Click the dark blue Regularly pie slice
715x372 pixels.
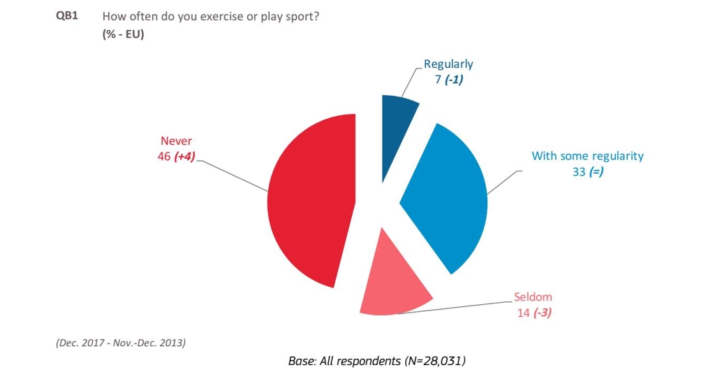click(x=397, y=115)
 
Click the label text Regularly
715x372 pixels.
click(x=448, y=64)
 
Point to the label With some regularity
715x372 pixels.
click(x=587, y=156)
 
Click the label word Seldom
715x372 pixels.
click(x=533, y=297)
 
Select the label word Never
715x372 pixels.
click(x=176, y=141)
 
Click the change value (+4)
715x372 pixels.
click(x=184, y=157)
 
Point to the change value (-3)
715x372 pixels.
click(x=543, y=313)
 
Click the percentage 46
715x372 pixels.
click(x=164, y=157)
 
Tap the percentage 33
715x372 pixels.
click(x=579, y=171)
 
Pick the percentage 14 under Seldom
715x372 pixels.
click(x=523, y=313)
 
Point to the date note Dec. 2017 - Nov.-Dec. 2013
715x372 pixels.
click(x=121, y=343)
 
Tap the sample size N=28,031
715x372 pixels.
click(x=433, y=361)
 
